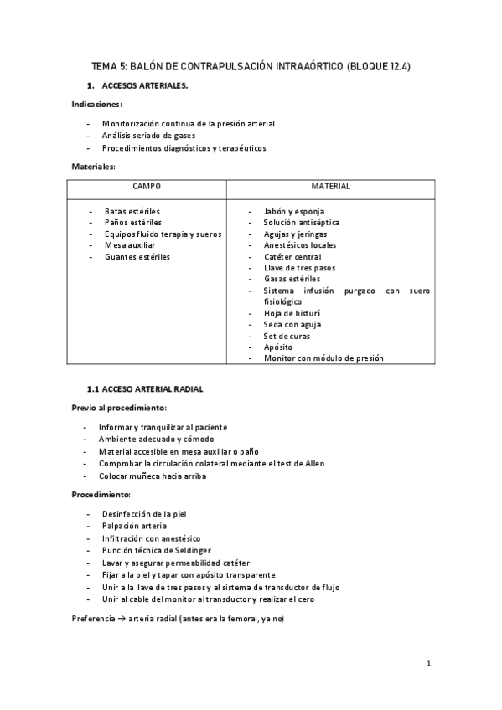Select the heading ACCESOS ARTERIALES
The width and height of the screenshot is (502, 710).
pos(144,86)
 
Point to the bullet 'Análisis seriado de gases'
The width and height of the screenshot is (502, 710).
pos(148,136)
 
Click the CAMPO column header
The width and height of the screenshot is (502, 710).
pos(147,186)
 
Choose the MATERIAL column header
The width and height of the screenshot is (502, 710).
pos(330,186)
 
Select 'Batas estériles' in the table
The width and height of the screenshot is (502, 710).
pos(132,211)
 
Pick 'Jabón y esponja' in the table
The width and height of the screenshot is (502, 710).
pos(293,211)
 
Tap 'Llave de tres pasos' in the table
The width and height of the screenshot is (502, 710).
pos(299,268)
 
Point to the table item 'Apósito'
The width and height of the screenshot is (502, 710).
pos(278,347)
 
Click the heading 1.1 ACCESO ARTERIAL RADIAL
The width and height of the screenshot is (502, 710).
pos(145,389)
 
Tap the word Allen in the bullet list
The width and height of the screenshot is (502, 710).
pos(314,463)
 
